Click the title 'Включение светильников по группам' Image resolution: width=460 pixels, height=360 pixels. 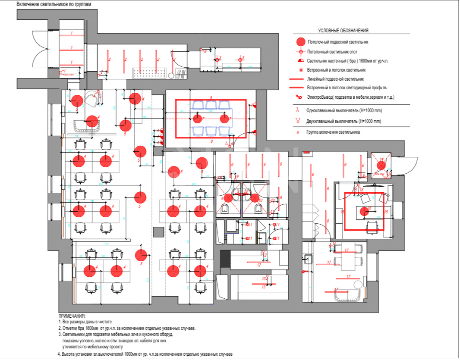pos(54,4)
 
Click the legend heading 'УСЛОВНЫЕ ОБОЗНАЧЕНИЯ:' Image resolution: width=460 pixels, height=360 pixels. pos(344,31)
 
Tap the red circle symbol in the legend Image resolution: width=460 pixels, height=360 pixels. pos(301,42)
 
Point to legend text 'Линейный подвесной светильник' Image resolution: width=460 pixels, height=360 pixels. pos(335,79)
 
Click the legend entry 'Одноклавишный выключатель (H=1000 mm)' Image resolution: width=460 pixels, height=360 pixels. pos(344,111)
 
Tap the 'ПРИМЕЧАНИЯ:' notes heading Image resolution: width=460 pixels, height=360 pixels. pos(72,316)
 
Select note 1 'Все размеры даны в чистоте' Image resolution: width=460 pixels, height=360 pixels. pos(85,322)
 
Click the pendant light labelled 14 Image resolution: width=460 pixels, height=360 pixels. pos(381,165)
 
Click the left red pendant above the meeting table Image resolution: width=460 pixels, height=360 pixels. pos(197,118)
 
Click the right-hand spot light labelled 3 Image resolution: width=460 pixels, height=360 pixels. pos(240,59)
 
